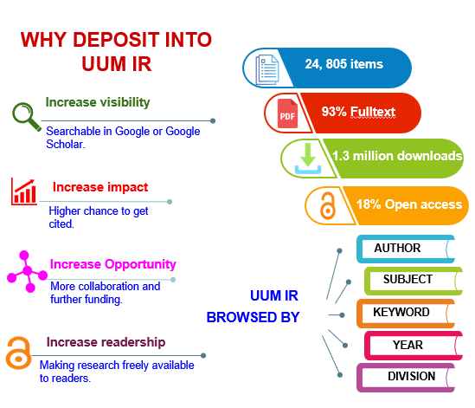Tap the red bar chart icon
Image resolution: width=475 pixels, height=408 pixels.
[x=24, y=191]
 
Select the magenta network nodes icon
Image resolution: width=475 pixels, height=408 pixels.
[x=28, y=271]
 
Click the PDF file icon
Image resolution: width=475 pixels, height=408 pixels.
[x=287, y=113]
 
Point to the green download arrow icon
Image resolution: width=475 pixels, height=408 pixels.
[x=308, y=159]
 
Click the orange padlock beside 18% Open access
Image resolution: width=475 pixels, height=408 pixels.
[x=328, y=205]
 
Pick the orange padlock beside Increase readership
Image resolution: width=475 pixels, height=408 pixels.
[x=18, y=353]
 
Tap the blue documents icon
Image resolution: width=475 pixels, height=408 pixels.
[x=267, y=69]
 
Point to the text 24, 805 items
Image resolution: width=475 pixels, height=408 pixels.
[x=343, y=64]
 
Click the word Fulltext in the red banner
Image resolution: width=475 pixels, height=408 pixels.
[x=373, y=112]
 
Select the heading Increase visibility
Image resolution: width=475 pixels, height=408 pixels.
[x=98, y=102]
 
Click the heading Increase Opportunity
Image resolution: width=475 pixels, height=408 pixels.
[x=112, y=264]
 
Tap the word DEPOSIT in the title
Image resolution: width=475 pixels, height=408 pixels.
[x=116, y=40]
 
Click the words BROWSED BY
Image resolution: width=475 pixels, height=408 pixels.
[x=253, y=317]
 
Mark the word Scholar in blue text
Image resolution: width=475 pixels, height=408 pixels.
[x=66, y=145]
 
